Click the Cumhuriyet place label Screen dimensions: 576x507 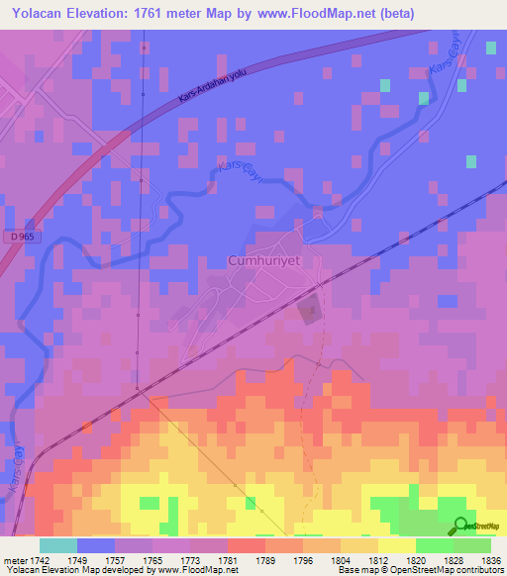[x=263, y=261]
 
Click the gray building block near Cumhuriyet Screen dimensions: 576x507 [x=310, y=310]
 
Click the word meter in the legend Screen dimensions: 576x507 [x=15, y=558]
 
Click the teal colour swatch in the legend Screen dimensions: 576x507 [x=57, y=545]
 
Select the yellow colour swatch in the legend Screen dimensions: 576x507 [x=395, y=545]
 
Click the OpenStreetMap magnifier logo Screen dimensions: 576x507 [x=459, y=526]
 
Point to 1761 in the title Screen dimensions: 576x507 [x=142, y=14]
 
